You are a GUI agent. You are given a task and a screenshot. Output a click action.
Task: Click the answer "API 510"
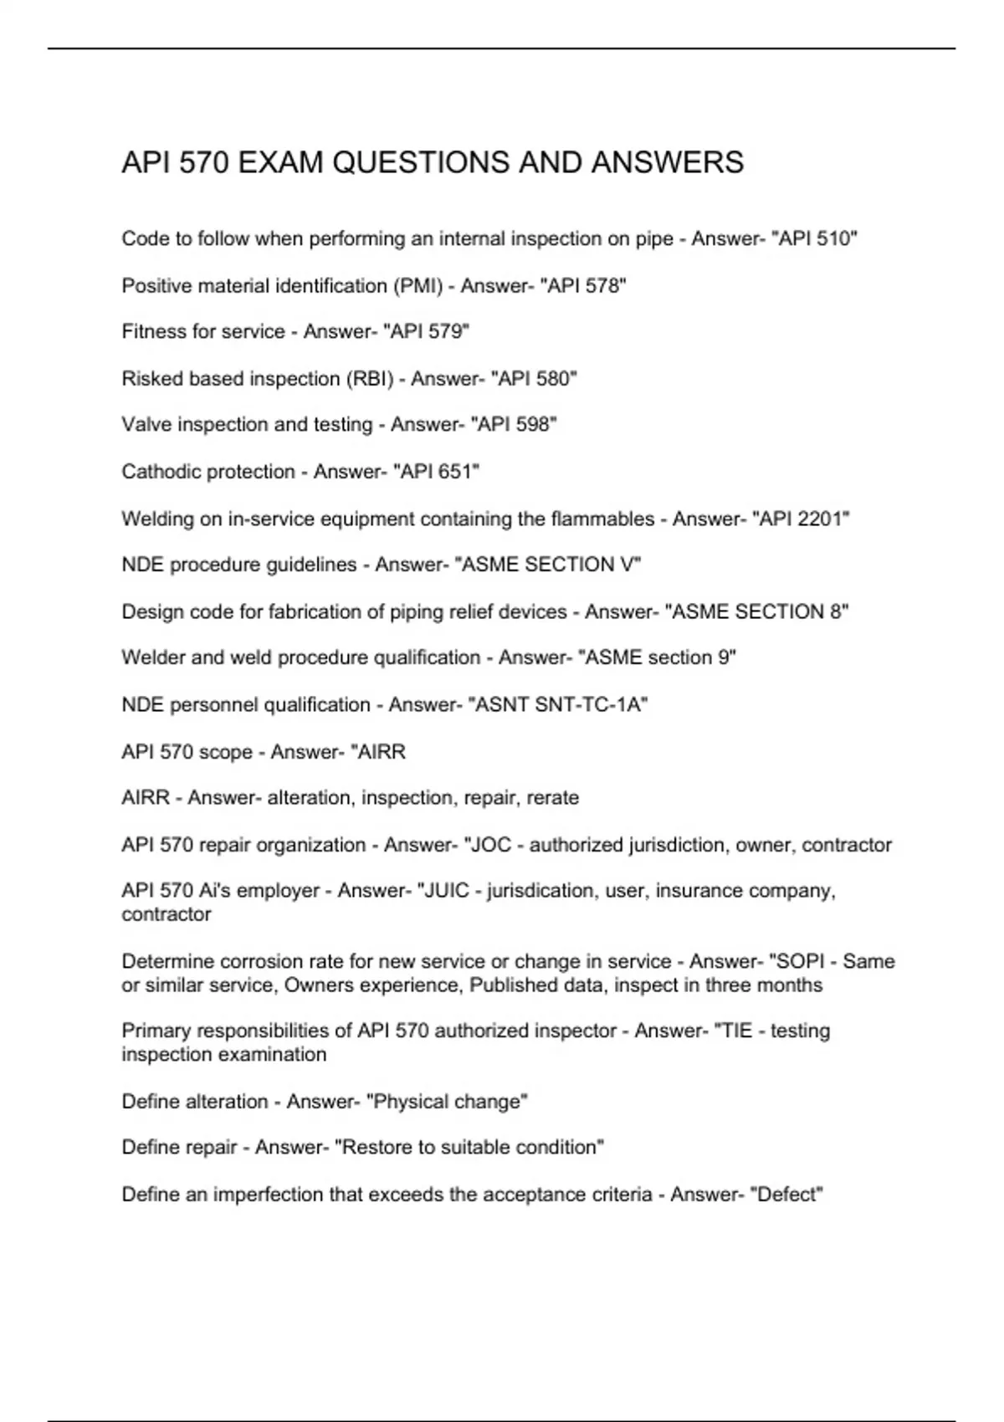coord(817,239)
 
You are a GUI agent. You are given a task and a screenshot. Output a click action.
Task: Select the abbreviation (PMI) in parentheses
coord(416,286)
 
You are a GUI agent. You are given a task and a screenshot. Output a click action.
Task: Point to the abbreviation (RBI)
coord(369,379)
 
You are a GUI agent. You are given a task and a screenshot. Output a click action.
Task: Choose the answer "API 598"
coord(514,425)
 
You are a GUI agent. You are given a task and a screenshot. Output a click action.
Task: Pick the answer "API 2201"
coord(801,519)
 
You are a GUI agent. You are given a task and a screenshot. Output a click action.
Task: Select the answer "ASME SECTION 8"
coord(756,612)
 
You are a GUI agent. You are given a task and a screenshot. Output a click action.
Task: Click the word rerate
coord(552,798)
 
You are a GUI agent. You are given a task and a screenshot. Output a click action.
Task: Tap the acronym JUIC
coord(447,891)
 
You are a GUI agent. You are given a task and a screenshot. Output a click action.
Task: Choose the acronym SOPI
coord(801,962)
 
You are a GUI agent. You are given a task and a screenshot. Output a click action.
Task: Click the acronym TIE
coord(736,1031)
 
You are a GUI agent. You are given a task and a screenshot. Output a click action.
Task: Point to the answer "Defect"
coord(789,1194)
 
